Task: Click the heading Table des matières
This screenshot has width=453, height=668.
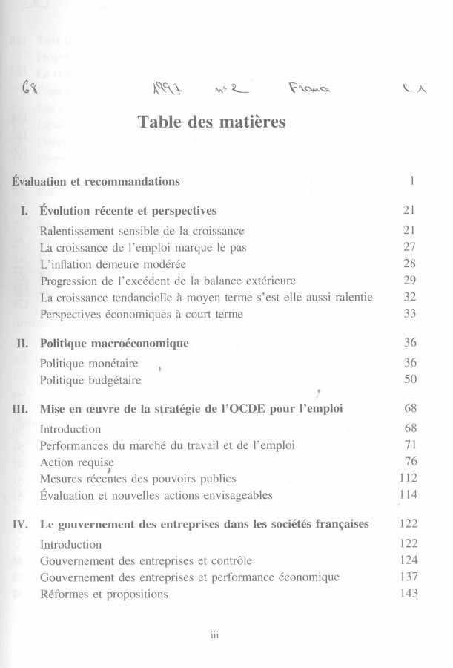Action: point(211,122)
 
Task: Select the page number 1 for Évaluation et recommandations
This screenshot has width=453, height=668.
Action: point(411,181)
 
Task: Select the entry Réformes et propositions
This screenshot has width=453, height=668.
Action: point(104,594)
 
